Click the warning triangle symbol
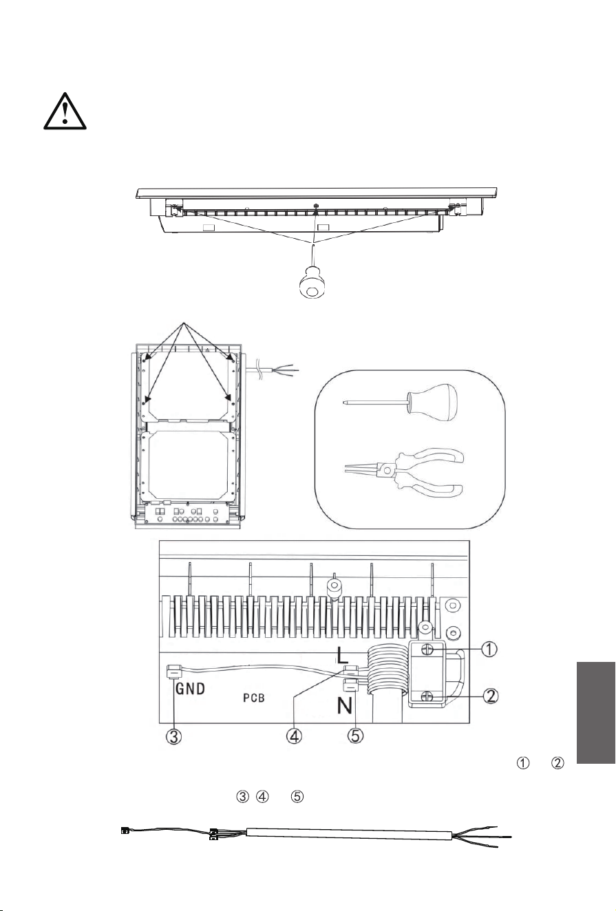click(65, 111)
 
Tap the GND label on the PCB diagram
click(190, 689)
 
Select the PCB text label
click(254, 698)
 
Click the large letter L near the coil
click(342, 655)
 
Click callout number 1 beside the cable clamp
click(489, 649)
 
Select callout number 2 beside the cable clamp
click(491, 696)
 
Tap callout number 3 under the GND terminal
click(173, 736)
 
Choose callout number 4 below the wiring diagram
click(294, 736)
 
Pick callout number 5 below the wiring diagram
click(355, 736)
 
